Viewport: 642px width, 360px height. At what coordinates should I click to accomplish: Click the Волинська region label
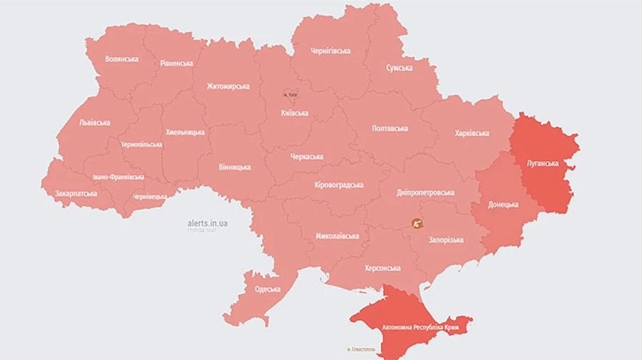121,59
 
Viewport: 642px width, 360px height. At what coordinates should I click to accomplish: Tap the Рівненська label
175,63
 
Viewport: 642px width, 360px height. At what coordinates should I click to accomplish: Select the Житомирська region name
228,86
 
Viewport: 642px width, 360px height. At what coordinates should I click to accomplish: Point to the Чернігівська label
330,51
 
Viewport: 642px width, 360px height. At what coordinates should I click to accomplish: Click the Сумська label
399,68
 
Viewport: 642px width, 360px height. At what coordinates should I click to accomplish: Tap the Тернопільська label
141,144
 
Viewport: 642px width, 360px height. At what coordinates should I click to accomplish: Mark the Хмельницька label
185,132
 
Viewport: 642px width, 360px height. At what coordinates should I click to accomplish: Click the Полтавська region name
390,128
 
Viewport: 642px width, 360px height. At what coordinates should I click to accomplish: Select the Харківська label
472,133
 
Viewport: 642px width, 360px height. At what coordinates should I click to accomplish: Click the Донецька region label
503,205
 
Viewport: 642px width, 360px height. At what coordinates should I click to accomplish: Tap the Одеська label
267,289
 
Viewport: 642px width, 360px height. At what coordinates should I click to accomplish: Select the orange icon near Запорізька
417,222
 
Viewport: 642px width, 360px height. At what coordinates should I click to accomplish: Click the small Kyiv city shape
290,94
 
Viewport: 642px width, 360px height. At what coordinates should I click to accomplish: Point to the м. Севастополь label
361,349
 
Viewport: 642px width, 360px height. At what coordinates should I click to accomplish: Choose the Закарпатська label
76,193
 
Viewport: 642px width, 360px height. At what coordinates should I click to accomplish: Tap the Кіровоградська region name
339,185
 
